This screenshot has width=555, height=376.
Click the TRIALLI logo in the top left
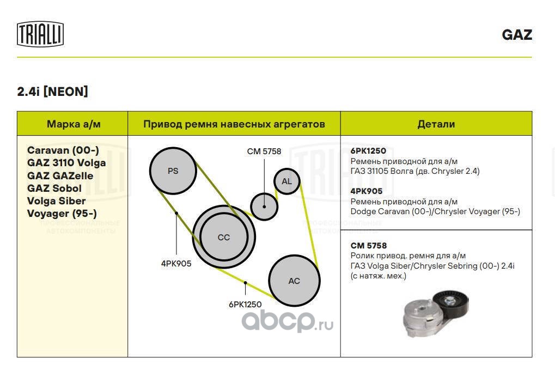(40, 34)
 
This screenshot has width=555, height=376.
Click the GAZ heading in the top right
(517, 35)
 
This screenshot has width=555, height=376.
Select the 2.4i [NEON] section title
(52, 92)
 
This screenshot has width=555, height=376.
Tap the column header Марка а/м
(74, 124)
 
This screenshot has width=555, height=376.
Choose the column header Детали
(436, 124)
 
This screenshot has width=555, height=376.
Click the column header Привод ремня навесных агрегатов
(234, 124)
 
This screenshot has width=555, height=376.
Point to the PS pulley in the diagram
(173, 171)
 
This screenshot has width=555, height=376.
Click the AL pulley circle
(286, 181)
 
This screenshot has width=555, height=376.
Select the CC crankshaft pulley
(224, 237)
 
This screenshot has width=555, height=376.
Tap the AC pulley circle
(294, 281)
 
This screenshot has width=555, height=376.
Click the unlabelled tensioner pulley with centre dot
(264, 207)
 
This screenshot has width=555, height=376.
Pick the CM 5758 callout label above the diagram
(264, 151)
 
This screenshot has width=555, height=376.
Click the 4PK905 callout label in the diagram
(176, 263)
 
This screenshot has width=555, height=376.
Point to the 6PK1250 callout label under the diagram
(245, 304)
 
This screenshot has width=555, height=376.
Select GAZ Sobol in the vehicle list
(54, 188)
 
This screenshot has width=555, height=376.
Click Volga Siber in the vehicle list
(56, 201)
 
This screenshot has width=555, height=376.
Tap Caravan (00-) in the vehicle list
(63, 150)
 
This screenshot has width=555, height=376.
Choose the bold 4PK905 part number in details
(367, 191)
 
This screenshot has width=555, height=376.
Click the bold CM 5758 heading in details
(369, 245)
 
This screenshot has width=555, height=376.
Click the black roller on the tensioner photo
(451, 303)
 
